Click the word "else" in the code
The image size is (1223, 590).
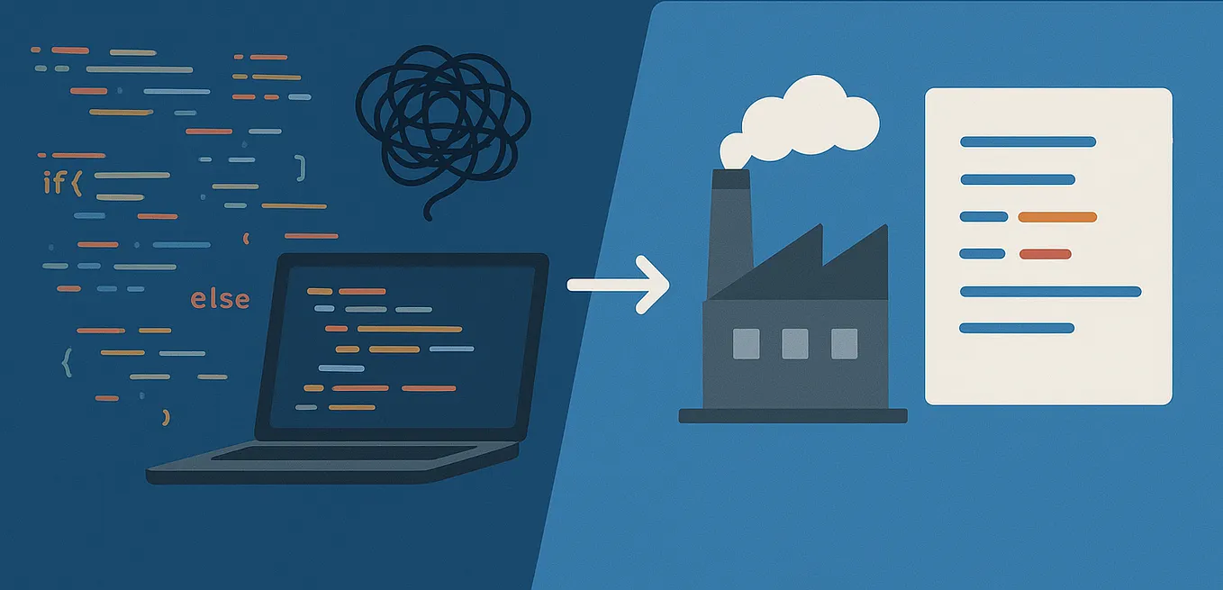click(220, 299)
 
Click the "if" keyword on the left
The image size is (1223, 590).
click(55, 183)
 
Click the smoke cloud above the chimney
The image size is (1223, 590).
click(810, 118)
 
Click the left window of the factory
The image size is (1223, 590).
click(747, 343)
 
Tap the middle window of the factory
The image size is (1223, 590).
click(795, 343)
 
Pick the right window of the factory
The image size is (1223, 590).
click(844, 343)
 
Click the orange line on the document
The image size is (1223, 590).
click(1057, 217)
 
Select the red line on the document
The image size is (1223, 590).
click(1045, 254)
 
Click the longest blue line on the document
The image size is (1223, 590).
click(1050, 291)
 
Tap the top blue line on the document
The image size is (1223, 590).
click(1028, 141)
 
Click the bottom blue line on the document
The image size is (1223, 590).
click(1017, 328)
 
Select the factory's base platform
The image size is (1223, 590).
click(793, 415)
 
